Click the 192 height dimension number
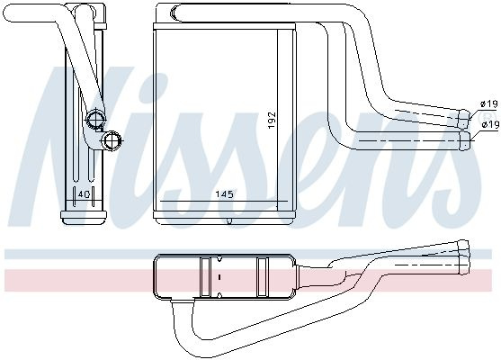click(x=272, y=120)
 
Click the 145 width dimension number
click(x=224, y=193)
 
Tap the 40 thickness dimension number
click(x=84, y=194)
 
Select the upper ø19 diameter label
click(x=489, y=103)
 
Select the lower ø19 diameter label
click(x=490, y=125)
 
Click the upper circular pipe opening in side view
click(x=96, y=119)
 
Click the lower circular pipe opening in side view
click(x=112, y=140)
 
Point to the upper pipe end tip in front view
click(x=465, y=119)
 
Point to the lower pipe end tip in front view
click(x=465, y=140)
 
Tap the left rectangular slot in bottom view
click(x=204, y=276)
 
